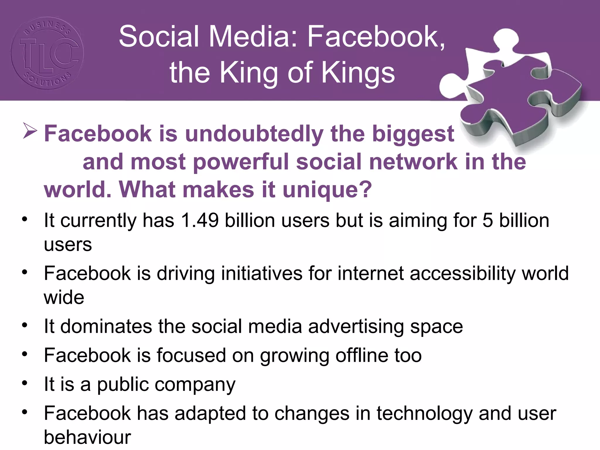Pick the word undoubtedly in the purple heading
tap(254, 134)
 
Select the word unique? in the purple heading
tap(327, 190)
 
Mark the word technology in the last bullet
tap(425, 413)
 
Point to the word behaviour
tap(87, 437)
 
